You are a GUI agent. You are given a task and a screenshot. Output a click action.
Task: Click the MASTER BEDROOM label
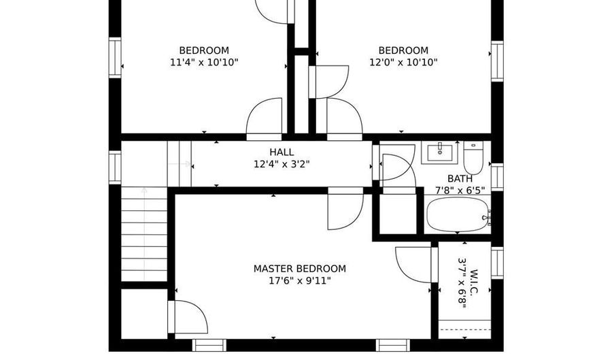tap(299, 269)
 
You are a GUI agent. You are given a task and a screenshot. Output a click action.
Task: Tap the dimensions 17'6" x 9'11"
tap(299, 280)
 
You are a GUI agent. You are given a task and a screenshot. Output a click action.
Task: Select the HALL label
tap(282, 152)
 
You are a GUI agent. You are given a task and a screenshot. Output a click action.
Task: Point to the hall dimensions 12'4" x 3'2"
tap(282, 164)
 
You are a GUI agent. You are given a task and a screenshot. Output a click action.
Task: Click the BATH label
tap(460, 179)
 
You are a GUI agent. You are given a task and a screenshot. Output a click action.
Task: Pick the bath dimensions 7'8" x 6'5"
tap(460, 191)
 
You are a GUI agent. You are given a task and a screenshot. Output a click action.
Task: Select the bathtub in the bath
tap(458, 216)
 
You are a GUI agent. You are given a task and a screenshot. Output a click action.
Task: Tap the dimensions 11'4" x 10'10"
tap(204, 62)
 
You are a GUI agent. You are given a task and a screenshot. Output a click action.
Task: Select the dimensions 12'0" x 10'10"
tap(403, 62)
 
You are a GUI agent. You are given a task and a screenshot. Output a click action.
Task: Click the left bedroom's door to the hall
tap(265, 120)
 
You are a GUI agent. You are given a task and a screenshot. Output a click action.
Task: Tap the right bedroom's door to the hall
tap(344, 120)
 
